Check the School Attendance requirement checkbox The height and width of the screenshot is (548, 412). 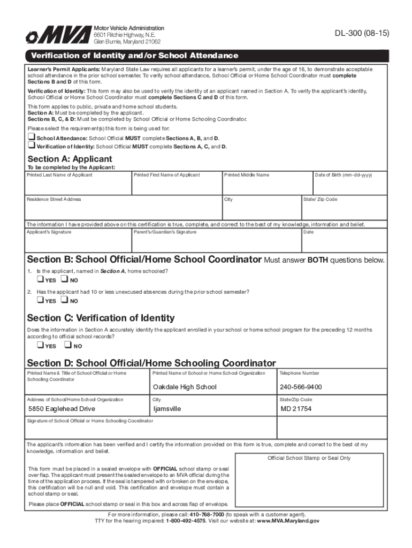[32, 138]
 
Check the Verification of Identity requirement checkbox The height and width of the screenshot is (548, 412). [32, 146]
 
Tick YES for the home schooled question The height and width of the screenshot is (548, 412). [40, 280]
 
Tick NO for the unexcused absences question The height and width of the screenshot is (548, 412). [64, 301]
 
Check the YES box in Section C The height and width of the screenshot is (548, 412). [40, 346]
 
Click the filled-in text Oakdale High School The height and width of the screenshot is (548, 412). [185, 387]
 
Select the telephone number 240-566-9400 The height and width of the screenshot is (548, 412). [301, 387]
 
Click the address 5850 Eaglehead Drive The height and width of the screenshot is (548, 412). [62, 409]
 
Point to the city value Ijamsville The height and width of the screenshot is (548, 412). [167, 409]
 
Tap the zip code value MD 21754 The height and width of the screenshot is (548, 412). [296, 409]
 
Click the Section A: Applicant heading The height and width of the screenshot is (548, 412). [70, 159]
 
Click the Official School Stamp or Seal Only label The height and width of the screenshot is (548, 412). [309, 458]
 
